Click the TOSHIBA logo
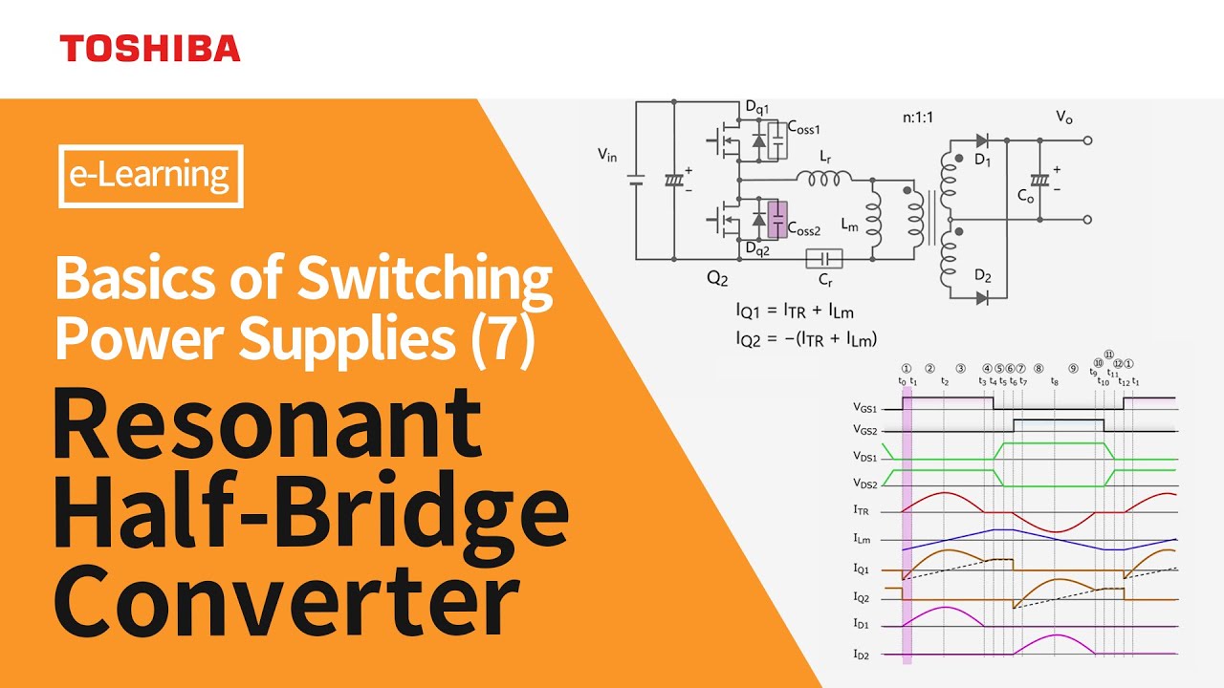(x=150, y=49)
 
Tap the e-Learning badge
(x=151, y=176)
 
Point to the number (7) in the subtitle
(x=503, y=340)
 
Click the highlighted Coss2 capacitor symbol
(x=778, y=220)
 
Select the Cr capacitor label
(x=823, y=282)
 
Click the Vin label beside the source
(x=607, y=155)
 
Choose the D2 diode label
(x=982, y=276)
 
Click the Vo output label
(x=1064, y=118)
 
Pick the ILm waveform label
(x=864, y=539)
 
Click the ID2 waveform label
(x=864, y=655)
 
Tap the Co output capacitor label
(x=1025, y=197)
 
